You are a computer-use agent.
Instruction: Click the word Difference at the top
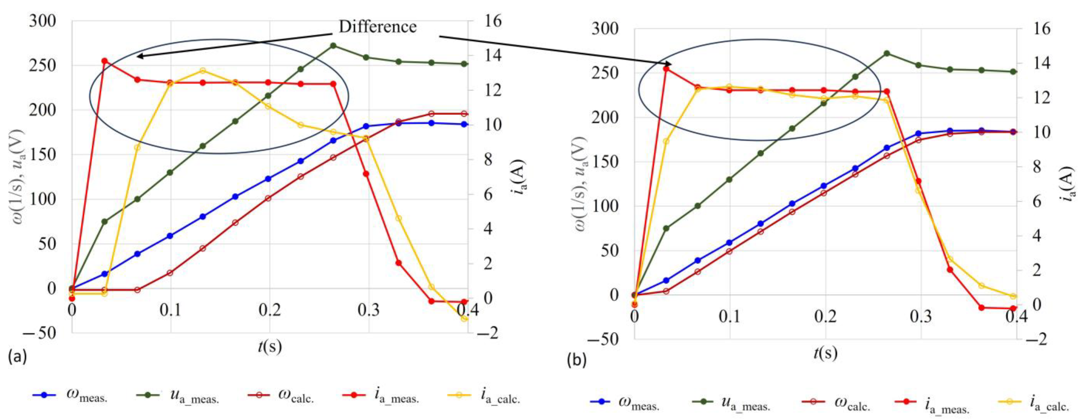tap(378, 27)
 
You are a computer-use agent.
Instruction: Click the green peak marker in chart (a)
tap(333, 46)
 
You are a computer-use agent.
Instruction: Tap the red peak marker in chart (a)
tap(105, 61)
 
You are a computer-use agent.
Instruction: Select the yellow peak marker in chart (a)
tap(202, 71)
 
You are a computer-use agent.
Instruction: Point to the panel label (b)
tap(576, 360)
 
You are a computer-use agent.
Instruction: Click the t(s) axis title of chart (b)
tap(825, 353)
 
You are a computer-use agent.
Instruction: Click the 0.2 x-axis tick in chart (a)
tap(270, 310)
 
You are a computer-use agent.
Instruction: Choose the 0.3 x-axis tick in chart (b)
tap(921, 316)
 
